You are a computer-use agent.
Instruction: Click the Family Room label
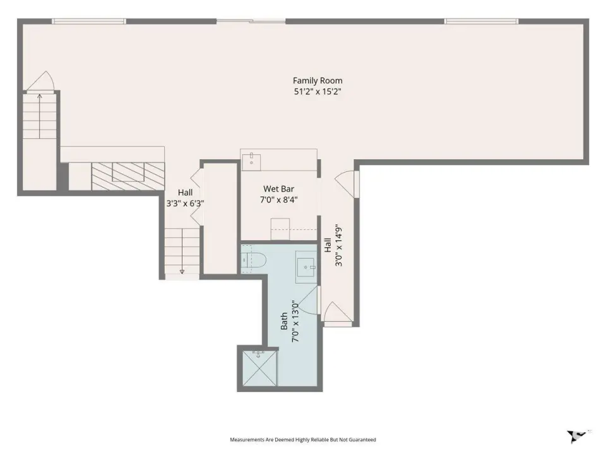point(318,80)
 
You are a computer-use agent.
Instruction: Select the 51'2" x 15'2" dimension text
point(318,92)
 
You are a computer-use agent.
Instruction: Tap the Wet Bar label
point(278,189)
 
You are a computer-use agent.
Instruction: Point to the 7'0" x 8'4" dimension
point(278,200)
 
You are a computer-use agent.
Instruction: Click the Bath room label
point(284,321)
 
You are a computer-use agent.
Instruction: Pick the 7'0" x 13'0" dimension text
point(295,321)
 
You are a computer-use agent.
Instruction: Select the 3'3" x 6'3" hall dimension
point(185,203)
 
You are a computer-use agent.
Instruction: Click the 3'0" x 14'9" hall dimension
point(339,245)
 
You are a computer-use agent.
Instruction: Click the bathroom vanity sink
point(307,267)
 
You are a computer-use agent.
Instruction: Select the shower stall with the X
point(259,368)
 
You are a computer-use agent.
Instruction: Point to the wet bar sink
point(251,162)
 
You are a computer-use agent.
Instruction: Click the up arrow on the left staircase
point(39,116)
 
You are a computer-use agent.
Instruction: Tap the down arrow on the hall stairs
point(182,252)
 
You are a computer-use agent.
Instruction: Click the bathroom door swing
point(309,300)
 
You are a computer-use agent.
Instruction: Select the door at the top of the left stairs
point(40,82)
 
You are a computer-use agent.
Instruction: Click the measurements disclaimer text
point(303,440)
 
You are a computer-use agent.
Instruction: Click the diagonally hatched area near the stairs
point(128,176)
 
